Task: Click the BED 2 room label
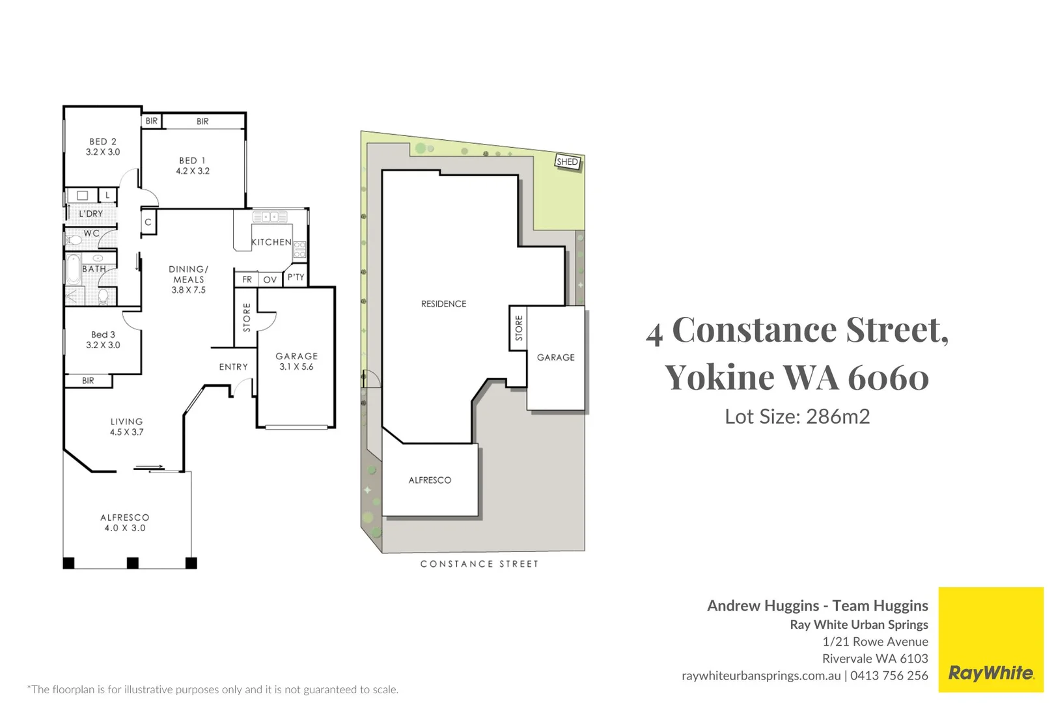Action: point(103,146)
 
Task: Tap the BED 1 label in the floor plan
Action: point(193,165)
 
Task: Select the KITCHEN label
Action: point(271,242)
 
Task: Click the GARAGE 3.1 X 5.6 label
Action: point(297,361)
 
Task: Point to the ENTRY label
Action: point(233,367)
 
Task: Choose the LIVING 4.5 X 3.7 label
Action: point(126,426)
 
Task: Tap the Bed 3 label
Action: point(103,340)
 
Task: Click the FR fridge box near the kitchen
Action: point(247,279)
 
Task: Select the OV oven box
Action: point(270,280)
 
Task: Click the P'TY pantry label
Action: point(296,277)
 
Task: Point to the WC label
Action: point(92,233)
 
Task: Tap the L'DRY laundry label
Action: point(90,214)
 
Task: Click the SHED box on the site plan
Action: point(567,161)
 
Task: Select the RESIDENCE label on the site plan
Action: point(443,304)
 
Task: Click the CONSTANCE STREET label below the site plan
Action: point(479,564)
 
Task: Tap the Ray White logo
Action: point(990,672)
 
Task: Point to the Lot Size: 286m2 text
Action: point(797,417)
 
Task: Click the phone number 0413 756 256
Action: point(889,676)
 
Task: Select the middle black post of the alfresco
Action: point(133,563)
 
